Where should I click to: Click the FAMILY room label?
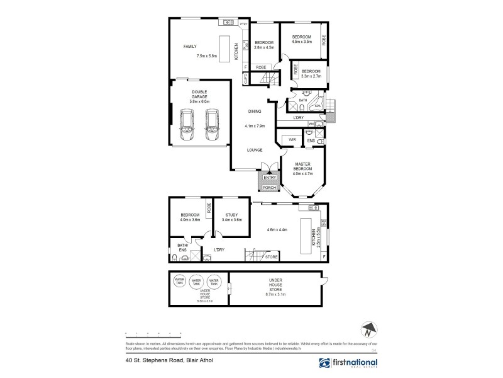190,47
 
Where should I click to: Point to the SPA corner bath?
318,106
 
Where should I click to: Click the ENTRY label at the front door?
269,178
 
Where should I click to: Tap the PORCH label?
269,188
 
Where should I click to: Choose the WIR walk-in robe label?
292,139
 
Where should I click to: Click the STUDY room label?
232,215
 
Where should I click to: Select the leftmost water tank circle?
179,282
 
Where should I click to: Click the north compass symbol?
370,328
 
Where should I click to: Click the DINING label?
255,112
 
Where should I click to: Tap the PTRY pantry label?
244,24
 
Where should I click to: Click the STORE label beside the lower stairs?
271,257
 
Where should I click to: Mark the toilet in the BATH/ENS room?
172,256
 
